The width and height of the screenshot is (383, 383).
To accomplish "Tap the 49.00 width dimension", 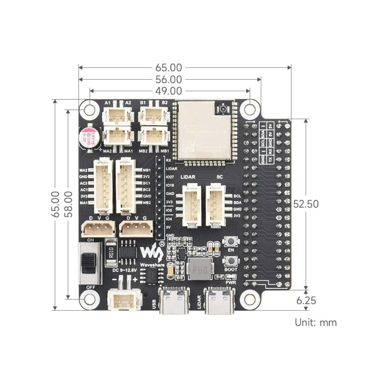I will pos(168,91).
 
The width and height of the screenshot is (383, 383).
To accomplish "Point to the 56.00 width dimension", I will pos(168,79).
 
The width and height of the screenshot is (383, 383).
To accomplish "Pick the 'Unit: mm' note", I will pos(316,322).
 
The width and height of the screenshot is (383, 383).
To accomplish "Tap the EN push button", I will pos(231,242).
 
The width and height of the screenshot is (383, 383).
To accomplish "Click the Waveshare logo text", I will pos(151,265).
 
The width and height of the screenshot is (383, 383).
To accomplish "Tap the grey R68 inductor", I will pos(200,269).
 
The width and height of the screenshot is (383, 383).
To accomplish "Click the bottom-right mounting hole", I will pos(249,299).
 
